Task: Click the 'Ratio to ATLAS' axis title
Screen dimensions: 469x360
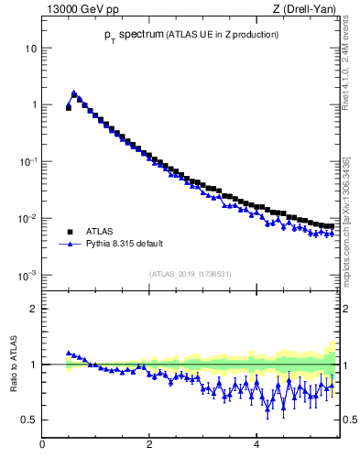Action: pyautogui.click(x=12, y=365)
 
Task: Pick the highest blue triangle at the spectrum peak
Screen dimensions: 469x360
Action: pyautogui.click(x=74, y=93)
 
